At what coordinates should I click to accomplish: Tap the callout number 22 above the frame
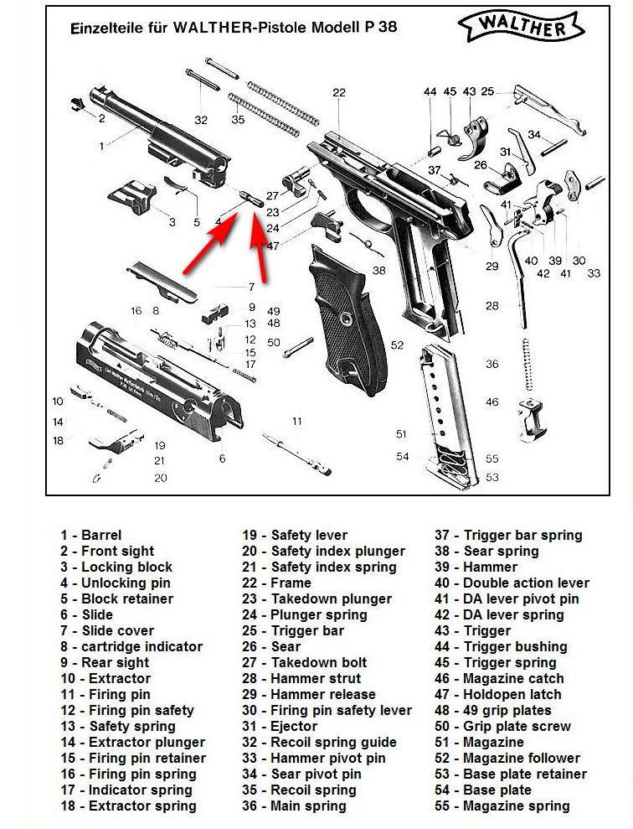click(x=339, y=93)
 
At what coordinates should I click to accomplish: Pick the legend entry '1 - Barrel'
click(x=90, y=535)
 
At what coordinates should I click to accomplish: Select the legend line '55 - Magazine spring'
click(x=502, y=806)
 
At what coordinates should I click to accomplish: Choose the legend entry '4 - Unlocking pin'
click(x=115, y=583)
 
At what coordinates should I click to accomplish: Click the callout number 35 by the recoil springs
click(x=239, y=120)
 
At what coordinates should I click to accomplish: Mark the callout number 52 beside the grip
click(x=397, y=345)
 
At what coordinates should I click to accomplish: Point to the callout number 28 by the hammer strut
click(x=492, y=306)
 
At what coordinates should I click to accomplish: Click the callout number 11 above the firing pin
click(x=296, y=420)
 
